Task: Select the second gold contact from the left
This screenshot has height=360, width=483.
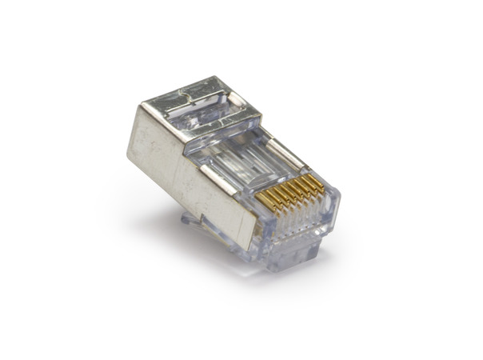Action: tap(272, 199)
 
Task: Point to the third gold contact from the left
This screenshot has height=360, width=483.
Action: tap(280, 197)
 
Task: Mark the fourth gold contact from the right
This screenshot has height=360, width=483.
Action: tap(295, 191)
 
